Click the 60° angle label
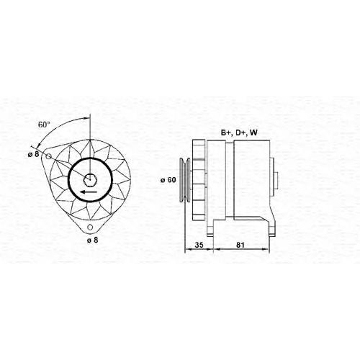point(44,125)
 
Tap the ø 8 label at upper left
point(33,154)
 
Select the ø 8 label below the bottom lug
point(92,240)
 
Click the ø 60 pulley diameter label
point(168,180)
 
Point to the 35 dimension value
point(199,245)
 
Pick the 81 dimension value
point(240,245)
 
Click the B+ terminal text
point(226,132)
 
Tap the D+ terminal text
point(240,132)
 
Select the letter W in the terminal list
point(253,132)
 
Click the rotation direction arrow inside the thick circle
point(89,192)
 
